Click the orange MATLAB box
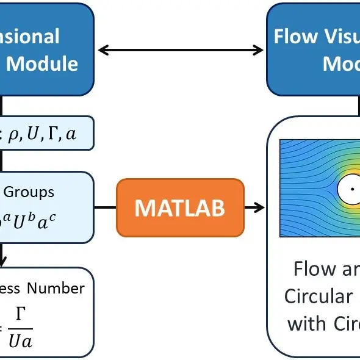(179, 207)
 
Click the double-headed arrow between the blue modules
(181, 50)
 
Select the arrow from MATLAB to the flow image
(254, 207)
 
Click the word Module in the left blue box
(42, 63)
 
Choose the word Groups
(29, 192)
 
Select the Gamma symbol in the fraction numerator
(20, 314)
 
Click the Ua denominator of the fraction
(20, 340)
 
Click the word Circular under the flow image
(318, 296)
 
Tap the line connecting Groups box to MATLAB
(104, 207)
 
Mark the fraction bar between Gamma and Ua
(20, 327)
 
